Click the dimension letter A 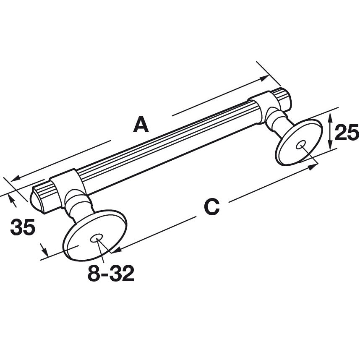[141, 125]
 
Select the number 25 [347, 133]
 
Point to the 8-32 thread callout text [111, 274]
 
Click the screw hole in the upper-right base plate [300, 145]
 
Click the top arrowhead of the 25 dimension [331, 115]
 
